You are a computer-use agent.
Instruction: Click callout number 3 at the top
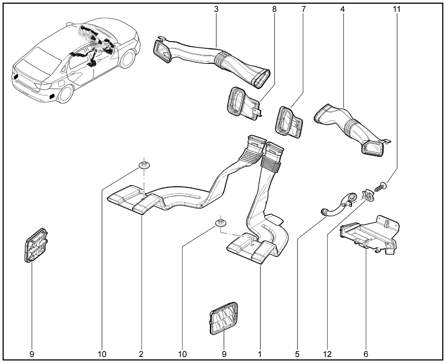[216, 9]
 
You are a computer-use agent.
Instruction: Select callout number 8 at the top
[274, 9]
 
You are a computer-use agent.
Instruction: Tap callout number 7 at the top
[303, 9]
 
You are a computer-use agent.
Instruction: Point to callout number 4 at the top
[343, 9]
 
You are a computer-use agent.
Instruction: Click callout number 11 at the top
[397, 9]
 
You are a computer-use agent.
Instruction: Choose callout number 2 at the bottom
[141, 354]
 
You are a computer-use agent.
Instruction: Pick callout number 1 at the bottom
[260, 354]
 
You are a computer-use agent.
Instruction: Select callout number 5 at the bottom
[297, 354]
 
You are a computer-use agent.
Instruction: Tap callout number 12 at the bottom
[327, 354]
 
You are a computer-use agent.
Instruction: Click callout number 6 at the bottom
[366, 354]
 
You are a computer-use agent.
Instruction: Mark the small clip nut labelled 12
[368, 196]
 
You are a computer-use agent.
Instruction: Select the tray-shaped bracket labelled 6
[369, 234]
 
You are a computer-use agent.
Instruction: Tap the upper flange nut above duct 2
[144, 165]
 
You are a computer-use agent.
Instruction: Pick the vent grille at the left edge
[36, 245]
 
